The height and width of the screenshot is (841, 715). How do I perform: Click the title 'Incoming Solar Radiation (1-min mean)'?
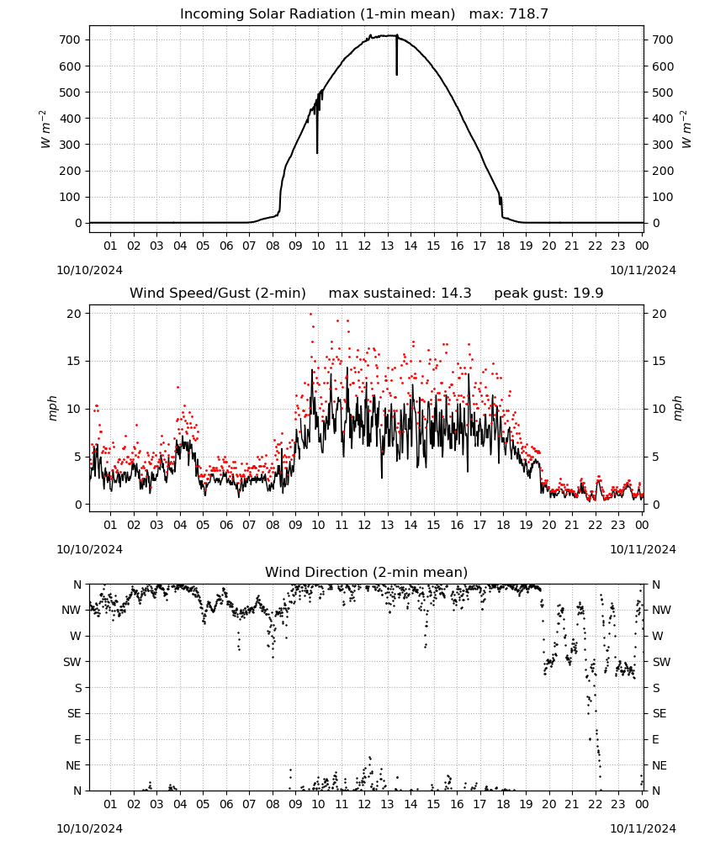[x=317, y=14]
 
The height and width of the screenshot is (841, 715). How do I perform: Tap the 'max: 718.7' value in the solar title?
[x=509, y=14]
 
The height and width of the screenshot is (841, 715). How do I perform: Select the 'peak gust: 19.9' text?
[x=548, y=294]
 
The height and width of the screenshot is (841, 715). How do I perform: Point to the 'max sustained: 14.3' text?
[x=400, y=294]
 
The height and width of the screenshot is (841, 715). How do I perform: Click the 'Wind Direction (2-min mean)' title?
[x=367, y=572]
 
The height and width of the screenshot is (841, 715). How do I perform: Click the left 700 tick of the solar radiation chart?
[x=70, y=40]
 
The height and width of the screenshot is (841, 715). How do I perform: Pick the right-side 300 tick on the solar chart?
[x=663, y=145]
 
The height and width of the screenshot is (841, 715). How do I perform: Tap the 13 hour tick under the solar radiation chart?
[x=387, y=246]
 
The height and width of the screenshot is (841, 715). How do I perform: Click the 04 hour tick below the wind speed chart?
[x=180, y=525]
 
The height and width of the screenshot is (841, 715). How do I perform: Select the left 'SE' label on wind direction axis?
[x=74, y=713]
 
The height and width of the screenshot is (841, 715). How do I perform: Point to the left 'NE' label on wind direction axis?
[x=73, y=765]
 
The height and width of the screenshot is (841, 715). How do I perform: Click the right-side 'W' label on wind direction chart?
[x=658, y=636]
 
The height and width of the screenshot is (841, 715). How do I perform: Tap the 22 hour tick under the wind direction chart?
[x=595, y=804]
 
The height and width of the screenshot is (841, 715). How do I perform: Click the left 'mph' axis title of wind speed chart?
[x=52, y=408]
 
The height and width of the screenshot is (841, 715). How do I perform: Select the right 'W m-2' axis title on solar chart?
[x=686, y=130]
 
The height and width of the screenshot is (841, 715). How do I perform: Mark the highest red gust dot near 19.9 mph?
[x=310, y=315]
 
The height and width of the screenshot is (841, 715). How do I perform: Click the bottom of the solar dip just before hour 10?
[x=317, y=153]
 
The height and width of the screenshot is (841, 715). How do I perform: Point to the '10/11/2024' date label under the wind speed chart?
[x=643, y=549]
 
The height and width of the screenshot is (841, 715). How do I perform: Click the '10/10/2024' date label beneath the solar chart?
[x=89, y=270]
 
